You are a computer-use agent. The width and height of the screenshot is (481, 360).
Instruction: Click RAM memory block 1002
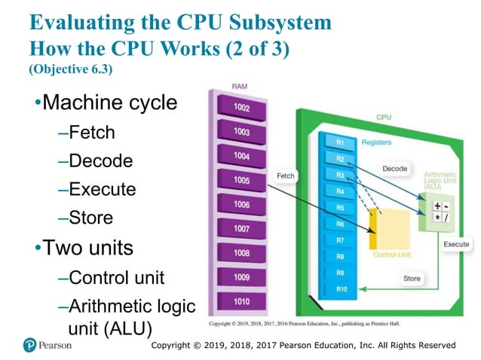point(241,108)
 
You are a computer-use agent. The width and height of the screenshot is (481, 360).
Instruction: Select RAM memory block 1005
point(241,181)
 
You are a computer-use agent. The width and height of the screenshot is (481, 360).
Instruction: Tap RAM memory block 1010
point(241,301)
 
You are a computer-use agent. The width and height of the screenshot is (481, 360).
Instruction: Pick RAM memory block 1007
point(241,229)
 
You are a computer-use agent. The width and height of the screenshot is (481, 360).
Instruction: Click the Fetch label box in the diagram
point(286,175)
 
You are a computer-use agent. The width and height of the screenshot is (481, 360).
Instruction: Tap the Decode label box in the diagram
point(394,169)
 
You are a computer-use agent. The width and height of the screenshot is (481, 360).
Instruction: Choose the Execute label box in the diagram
point(455,244)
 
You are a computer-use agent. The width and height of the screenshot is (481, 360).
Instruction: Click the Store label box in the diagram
point(412,279)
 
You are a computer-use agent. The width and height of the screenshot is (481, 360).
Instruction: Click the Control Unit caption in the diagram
point(392,255)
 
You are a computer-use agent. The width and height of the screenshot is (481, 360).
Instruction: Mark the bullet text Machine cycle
point(110,102)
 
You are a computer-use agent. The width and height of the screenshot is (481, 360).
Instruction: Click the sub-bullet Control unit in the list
point(116,277)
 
